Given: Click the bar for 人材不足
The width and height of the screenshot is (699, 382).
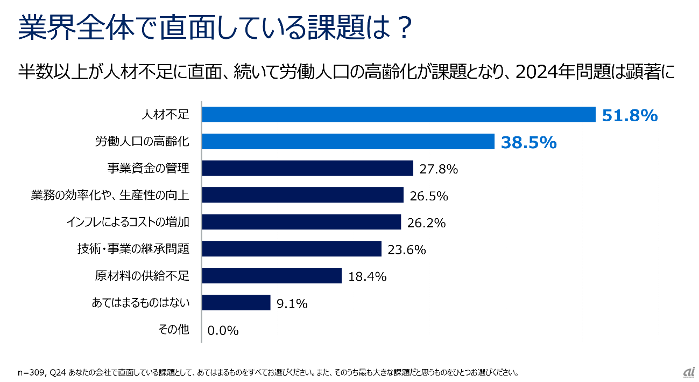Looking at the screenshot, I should (x=398, y=115).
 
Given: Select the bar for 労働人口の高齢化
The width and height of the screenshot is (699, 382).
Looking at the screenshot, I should (x=348, y=142).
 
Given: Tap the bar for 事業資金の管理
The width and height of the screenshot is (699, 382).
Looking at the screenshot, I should (x=307, y=168).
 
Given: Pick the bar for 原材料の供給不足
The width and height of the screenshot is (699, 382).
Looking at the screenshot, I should (x=272, y=276).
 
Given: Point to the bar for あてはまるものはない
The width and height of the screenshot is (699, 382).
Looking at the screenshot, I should (x=236, y=303).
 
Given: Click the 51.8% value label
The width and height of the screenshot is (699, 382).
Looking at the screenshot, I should (x=630, y=115).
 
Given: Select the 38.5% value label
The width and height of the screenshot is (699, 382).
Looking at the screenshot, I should (x=528, y=142).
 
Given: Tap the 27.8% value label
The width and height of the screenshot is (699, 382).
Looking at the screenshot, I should (x=438, y=169).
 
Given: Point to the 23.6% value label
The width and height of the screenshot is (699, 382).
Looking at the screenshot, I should (x=406, y=249).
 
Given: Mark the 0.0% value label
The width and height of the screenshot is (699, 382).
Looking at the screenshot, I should (x=223, y=330).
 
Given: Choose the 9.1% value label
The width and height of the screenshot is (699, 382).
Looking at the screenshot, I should (x=292, y=304).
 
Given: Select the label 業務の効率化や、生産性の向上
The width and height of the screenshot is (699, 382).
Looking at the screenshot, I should (x=110, y=195).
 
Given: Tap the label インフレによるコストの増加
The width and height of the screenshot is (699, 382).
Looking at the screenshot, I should (x=128, y=222).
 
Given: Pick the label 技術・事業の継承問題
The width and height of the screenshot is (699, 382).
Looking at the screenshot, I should (x=133, y=249).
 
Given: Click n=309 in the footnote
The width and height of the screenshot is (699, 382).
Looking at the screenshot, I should (x=32, y=372).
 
